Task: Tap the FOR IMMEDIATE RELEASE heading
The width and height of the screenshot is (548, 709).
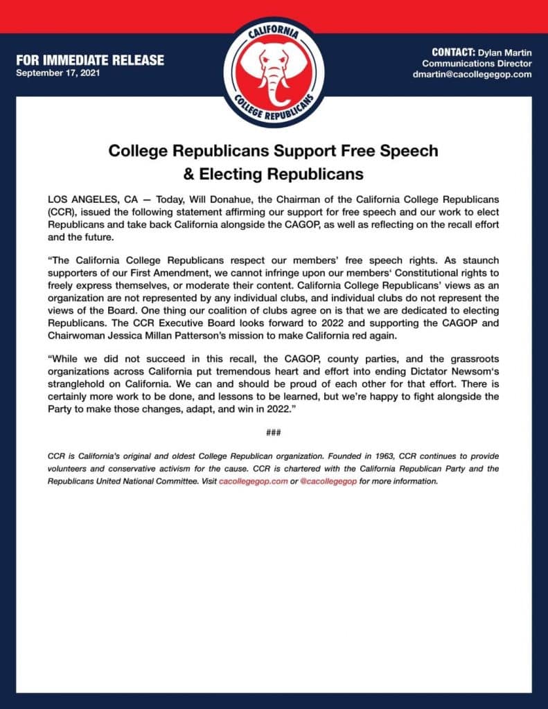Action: point(90,60)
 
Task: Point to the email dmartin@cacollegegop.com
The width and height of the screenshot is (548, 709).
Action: point(472,74)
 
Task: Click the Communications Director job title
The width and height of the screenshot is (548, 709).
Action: point(477,63)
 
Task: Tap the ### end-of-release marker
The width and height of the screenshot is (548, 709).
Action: point(273,433)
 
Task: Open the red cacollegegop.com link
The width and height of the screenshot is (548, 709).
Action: point(253,481)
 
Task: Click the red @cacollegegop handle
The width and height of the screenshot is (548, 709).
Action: point(328,481)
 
